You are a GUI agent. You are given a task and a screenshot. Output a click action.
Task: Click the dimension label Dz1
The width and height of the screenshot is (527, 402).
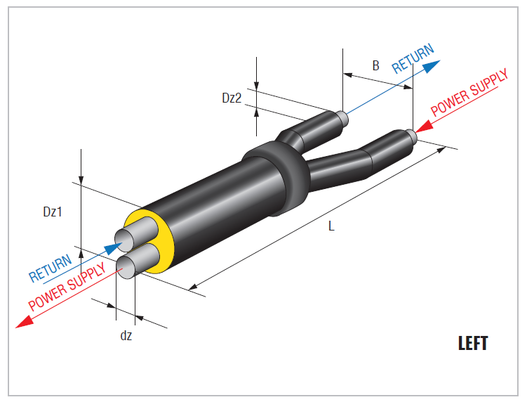pos(53,212)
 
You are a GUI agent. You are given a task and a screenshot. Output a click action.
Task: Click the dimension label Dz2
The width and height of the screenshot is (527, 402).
pos(232,98)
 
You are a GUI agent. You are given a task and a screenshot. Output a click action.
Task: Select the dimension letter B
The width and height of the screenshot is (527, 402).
pos(375,65)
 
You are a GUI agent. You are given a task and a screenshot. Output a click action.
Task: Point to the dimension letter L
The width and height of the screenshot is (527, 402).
pos(331,226)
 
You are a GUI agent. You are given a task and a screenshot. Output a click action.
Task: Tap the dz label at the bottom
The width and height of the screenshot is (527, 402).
pos(126,335)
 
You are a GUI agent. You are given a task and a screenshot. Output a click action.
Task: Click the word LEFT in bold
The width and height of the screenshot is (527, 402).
pos(473,344)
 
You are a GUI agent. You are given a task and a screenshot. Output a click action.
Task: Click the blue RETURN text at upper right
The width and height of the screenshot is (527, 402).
pos(413,58)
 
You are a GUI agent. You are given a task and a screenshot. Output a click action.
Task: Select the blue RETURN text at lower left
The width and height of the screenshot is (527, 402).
pos(51,268)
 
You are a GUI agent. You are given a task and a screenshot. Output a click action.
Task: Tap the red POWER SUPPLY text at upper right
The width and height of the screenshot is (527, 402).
pos(469,93)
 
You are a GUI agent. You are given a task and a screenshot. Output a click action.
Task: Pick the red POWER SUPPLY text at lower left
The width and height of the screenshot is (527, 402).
pos(67,286)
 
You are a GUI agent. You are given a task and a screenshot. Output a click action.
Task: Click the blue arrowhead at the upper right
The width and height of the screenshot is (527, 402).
pos(432,66)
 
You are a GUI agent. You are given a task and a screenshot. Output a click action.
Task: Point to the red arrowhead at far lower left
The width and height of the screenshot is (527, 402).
pos(25,322)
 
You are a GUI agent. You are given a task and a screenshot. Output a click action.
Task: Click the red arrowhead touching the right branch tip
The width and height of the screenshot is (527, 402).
pos(424,127)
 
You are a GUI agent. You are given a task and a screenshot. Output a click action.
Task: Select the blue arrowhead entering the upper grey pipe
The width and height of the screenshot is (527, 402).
pos(113,248)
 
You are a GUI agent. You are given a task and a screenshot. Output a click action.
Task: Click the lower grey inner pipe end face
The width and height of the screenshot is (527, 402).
pos(126,268)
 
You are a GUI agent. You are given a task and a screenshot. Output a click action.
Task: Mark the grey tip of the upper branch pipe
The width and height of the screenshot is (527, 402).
pos(342,118)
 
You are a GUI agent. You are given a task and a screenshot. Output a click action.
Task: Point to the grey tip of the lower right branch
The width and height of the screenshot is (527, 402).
pos(412,136)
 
